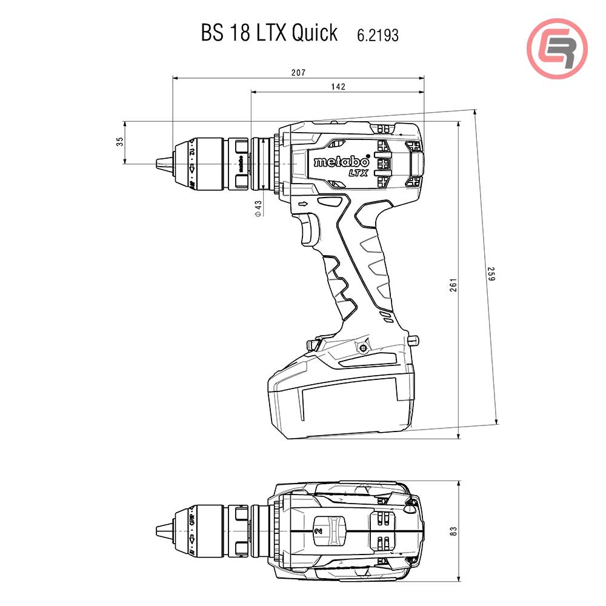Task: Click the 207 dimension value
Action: pyautogui.click(x=298, y=72)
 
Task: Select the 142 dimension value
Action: pyautogui.click(x=338, y=87)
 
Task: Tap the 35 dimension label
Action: pyautogui.click(x=119, y=141)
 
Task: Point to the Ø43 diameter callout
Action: pyautogui.click(x=258, y=208)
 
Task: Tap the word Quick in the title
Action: pyautogui.click(x=314, y=33)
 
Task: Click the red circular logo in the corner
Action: pyautogui.click(x=557, y=48)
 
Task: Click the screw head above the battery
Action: pyautogui.click(x=362, y=348)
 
